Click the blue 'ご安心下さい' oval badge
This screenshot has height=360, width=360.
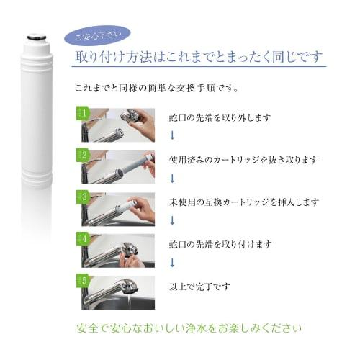point(97,36)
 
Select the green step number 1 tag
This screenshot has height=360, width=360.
point(82,114)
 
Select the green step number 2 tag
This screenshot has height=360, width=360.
point(82,156)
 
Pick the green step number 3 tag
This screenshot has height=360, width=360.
point(82,197)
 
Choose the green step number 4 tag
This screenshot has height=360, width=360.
point(82,238)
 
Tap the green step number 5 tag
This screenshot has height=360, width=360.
point(82,280)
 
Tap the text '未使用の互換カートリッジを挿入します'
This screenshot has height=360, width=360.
point(243,202)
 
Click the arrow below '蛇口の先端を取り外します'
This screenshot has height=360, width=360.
point(173,135)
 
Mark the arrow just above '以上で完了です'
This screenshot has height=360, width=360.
point(173,263)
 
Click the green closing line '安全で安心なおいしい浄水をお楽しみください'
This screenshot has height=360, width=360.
point(189,329)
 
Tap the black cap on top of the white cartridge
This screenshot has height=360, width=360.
point(35,32)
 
